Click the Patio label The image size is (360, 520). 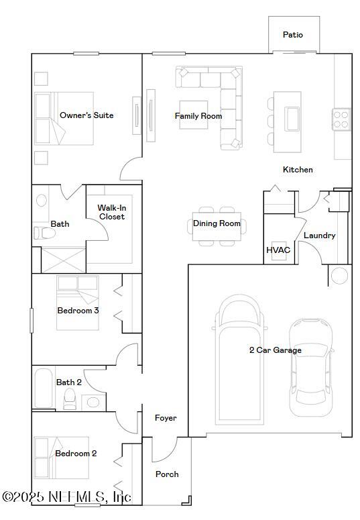293,35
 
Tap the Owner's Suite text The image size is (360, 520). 86,115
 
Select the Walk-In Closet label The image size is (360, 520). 112,212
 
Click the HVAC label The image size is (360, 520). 278,250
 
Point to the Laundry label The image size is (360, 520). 319,236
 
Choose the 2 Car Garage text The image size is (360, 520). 275,350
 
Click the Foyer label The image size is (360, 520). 166,418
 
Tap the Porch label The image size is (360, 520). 167,474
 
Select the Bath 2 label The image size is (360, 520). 69,382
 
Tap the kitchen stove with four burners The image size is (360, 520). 341,119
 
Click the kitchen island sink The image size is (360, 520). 293,119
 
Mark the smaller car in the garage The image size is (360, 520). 310,367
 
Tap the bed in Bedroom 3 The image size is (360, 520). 77,303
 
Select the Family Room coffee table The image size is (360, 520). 194,115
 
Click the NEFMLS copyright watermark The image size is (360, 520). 66,497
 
